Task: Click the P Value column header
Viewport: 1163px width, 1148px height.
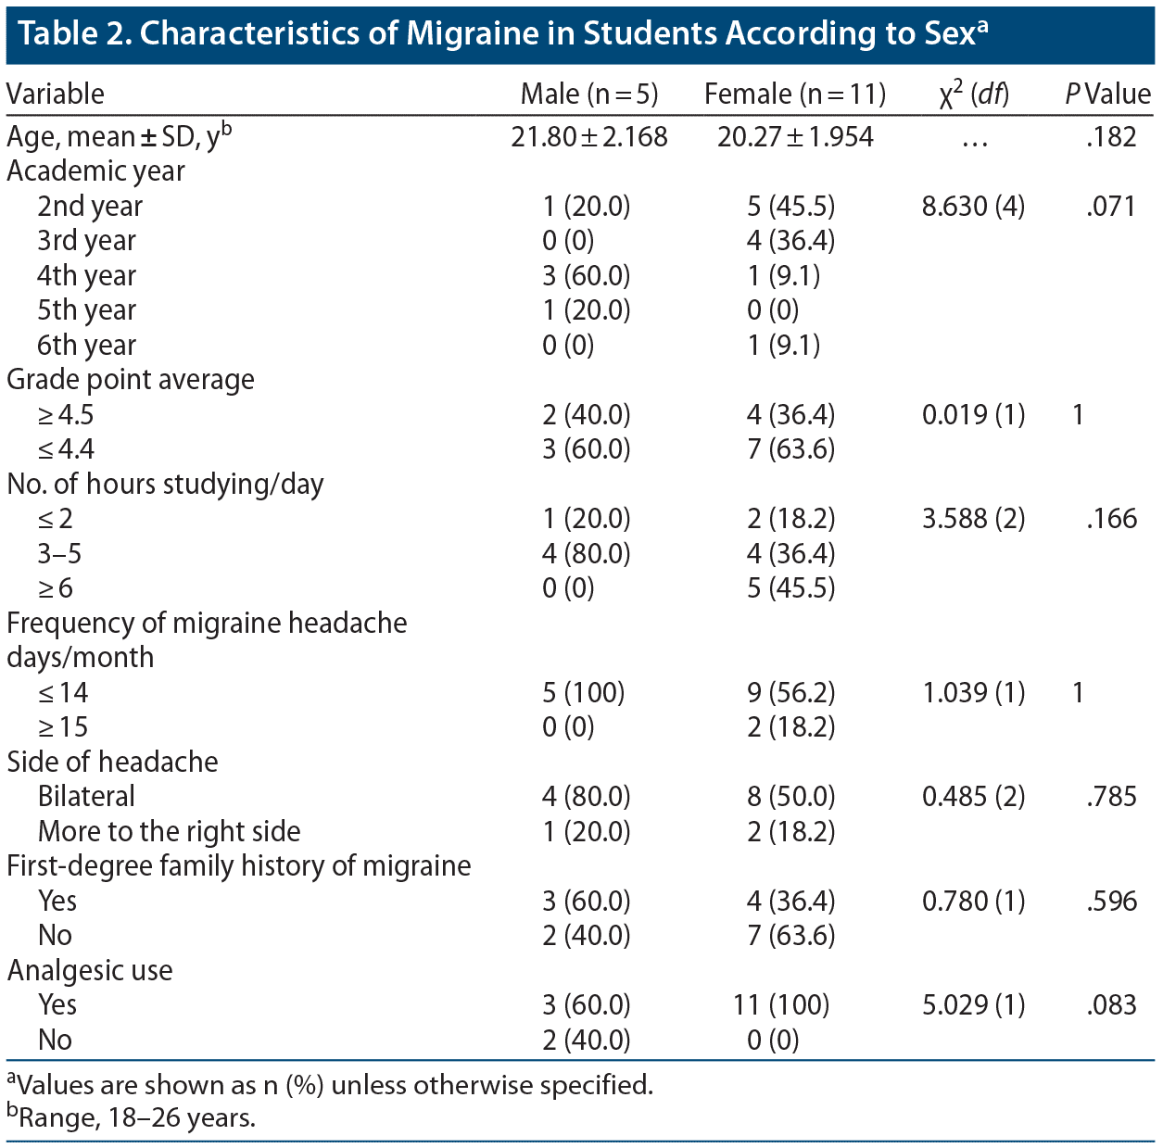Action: [x=1107, y=94]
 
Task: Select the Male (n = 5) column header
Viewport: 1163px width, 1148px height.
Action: [x=588, y=94]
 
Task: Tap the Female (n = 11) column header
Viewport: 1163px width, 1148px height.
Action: [x=794, y=94]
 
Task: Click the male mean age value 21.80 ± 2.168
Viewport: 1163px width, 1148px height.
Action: [x=588, y=137]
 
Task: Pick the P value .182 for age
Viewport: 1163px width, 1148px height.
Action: [x=1111, y=137]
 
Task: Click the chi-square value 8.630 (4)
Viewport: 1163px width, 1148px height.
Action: [x=973, y=206]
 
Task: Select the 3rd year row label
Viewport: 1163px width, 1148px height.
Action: [x=86, y=241]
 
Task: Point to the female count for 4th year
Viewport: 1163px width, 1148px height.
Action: [x=783, y=276]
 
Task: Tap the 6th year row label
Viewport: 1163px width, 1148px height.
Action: [x=86, y=346]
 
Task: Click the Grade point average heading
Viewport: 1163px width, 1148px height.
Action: [x=131, y=380]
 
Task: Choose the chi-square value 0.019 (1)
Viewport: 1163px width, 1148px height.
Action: [x=973, y=414]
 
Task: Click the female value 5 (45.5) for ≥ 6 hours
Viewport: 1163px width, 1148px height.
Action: [x=790, y=588]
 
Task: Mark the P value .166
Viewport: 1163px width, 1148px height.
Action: [x=1111, y=519]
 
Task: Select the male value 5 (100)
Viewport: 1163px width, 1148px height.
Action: [x=583, y=693]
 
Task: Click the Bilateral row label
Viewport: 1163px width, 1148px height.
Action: [x=86, y=797]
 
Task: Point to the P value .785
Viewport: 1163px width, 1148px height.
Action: [x=1111, y=797]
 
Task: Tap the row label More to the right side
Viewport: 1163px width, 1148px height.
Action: [x=169, y=831]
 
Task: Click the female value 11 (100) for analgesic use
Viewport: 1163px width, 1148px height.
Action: [x=781, y=1005]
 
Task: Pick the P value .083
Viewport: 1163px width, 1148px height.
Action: [x=1111, y=1005]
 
